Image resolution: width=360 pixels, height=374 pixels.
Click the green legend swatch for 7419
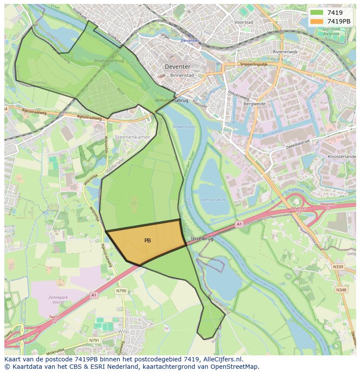coord(317,13)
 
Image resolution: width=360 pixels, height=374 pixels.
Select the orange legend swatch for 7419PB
coord(317,21)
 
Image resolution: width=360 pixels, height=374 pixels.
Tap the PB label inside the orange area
coord(147,240)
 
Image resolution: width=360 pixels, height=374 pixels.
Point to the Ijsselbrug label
coord(202,239)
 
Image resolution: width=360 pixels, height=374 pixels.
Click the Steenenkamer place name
coord(132,137)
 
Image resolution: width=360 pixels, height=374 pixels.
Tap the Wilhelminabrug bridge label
coord(172,100)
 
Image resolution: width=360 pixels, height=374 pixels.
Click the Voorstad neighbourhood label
coord(243,22)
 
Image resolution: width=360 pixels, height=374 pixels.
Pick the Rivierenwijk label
coord(285,52)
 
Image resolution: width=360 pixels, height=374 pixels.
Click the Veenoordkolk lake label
coord(213,200)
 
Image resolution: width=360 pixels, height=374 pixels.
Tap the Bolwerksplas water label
coord(186,127)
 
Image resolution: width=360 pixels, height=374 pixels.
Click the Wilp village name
coord(124,331)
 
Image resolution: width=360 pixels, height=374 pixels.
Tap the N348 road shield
coord(341,289)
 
